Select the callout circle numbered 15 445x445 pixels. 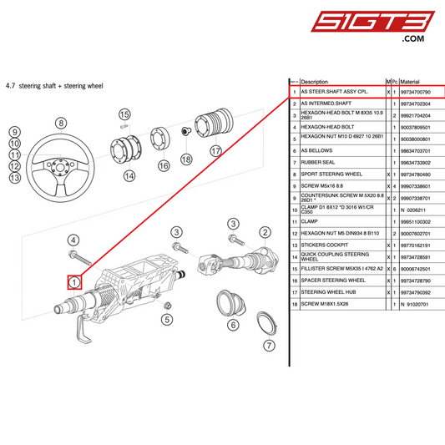(124, 114)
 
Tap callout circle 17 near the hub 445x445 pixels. (215, 151)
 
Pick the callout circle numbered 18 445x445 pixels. (186, 159)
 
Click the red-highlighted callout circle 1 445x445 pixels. (75, 282)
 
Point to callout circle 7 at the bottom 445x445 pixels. (269, 346)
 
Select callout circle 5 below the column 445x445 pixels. (167, 318)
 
